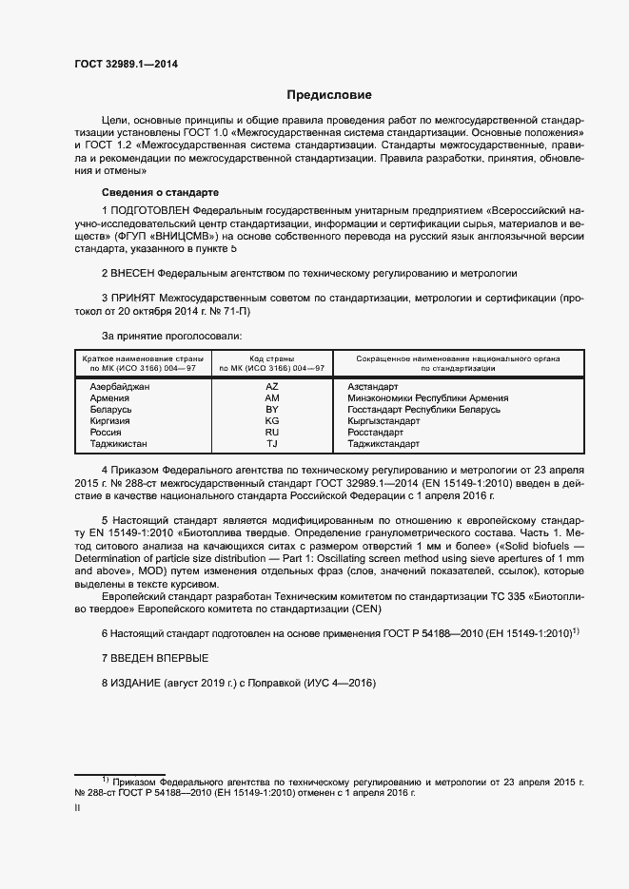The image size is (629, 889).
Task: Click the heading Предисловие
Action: point(330,95)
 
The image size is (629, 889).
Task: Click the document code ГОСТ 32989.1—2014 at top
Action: point(126,65)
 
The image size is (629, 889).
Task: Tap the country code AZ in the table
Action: point(271,387)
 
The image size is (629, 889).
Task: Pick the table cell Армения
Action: point(109,398)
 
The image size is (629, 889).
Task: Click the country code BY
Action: point(271,410)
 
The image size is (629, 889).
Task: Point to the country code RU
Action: point(271,433)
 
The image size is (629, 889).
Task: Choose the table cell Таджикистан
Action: point(119,444)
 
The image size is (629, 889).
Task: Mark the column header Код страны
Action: point(271,358)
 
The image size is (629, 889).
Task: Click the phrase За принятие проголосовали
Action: point(171,336)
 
